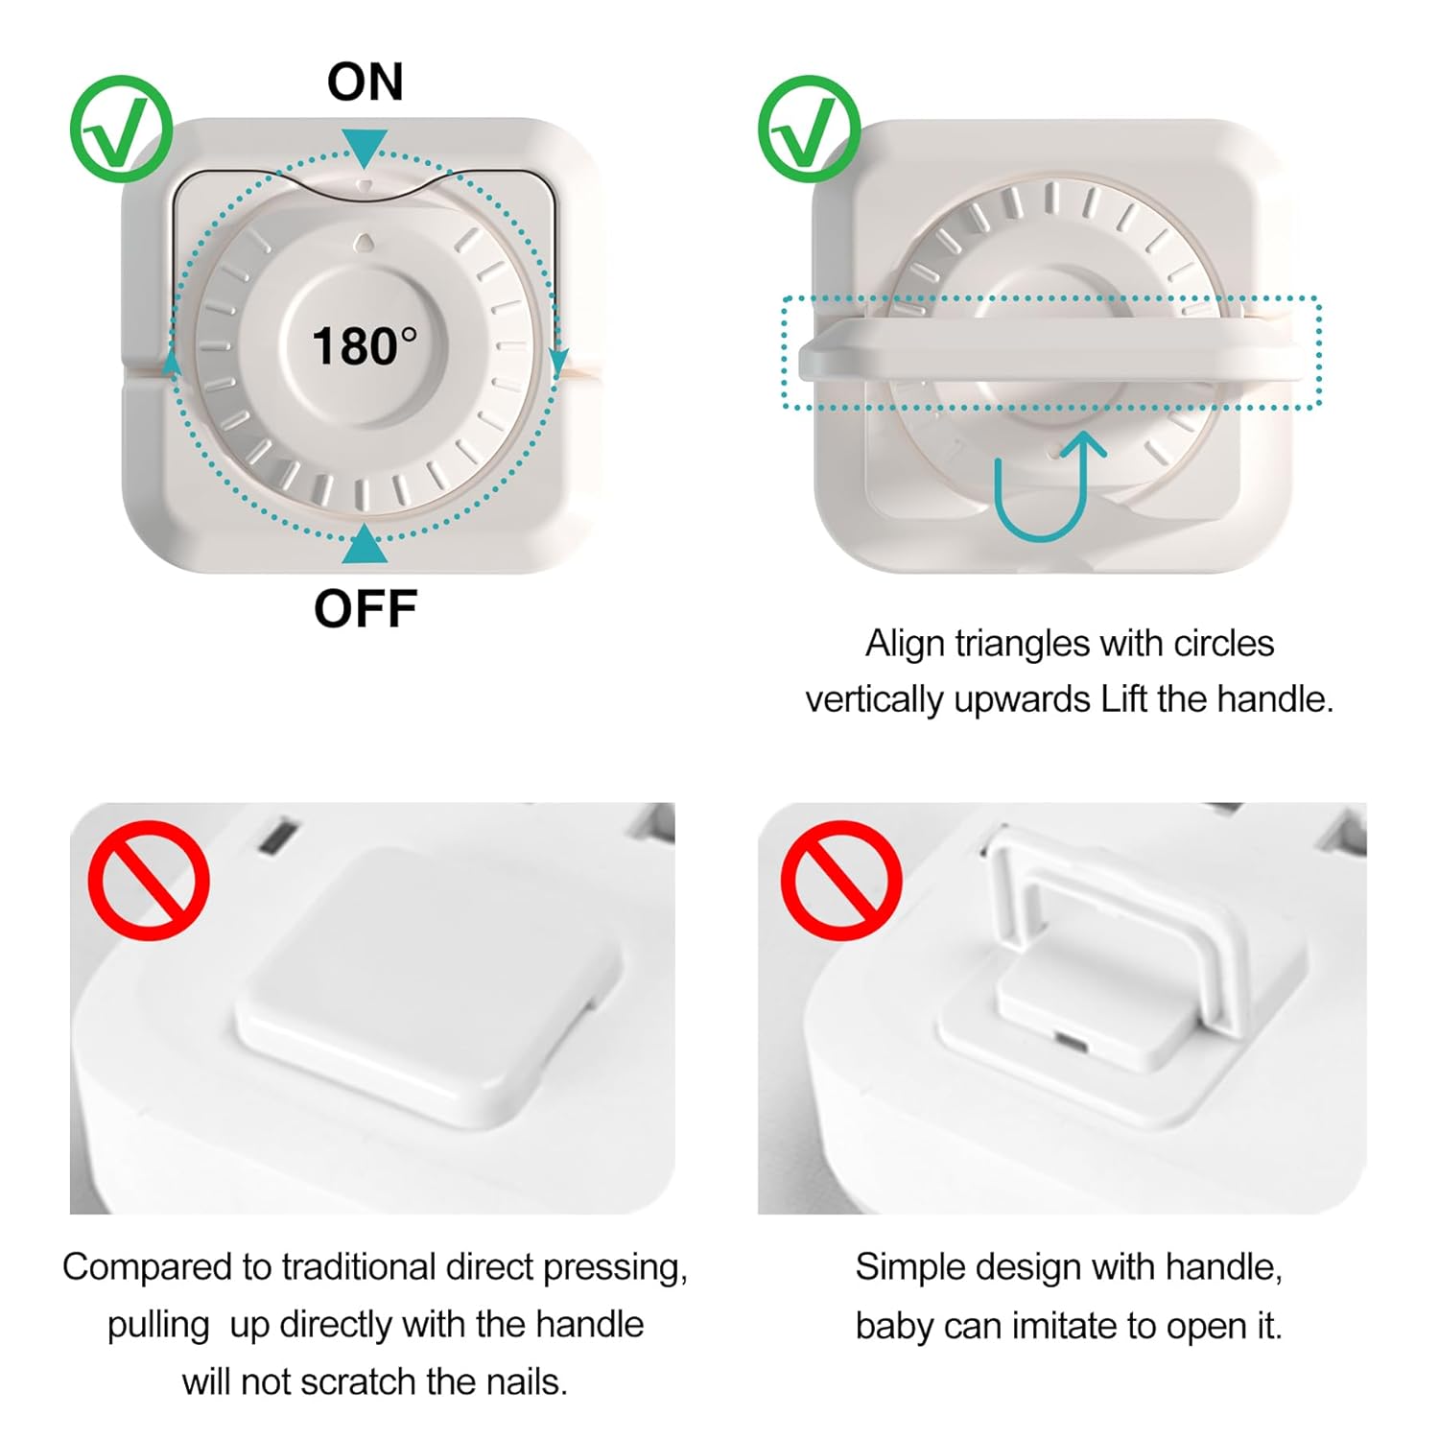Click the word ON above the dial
point(365,82)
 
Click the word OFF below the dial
point(366,609)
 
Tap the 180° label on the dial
point(365,345)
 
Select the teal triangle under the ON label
point(365,147)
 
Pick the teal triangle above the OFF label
point(365,545)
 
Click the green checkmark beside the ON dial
point(121,129)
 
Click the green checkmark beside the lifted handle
point(809,129)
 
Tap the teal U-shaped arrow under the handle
point(1050,484)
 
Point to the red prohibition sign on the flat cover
point(149,880)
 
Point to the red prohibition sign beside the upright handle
point(840,880)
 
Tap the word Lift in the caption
point(1125,699)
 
